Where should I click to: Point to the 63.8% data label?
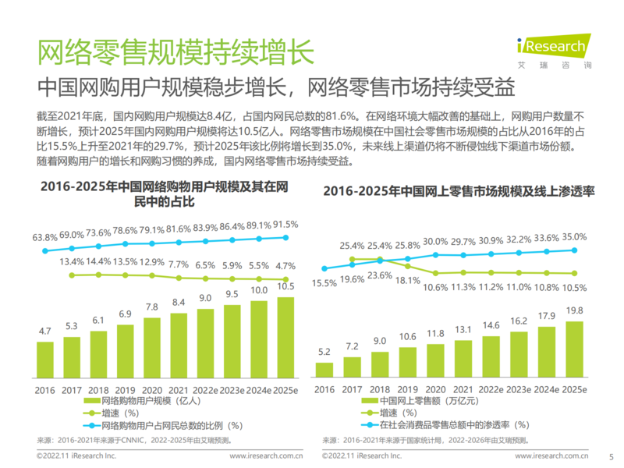tap(45, 236)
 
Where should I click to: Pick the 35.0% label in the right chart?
tap(573, 236)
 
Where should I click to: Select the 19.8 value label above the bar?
tap(573, 310)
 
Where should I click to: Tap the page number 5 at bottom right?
tap(611, 456)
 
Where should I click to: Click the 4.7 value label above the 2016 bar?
tap(45, 331)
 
